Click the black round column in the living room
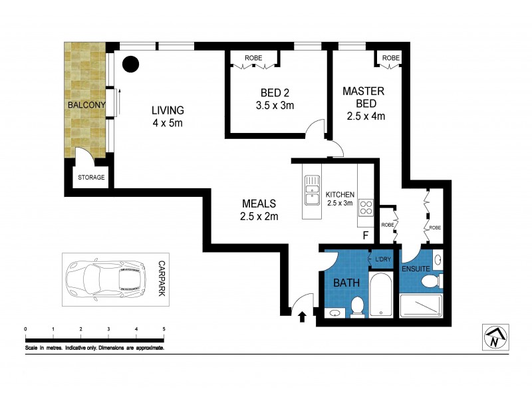point(132,64)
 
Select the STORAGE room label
point(92,178)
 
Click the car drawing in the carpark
point(106,279)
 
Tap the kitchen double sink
point(311,191)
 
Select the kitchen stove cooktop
point(366,207)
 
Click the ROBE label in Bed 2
point(253,59)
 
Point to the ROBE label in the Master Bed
point(390,59)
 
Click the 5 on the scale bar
point(164,329)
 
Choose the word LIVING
point(167,110)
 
